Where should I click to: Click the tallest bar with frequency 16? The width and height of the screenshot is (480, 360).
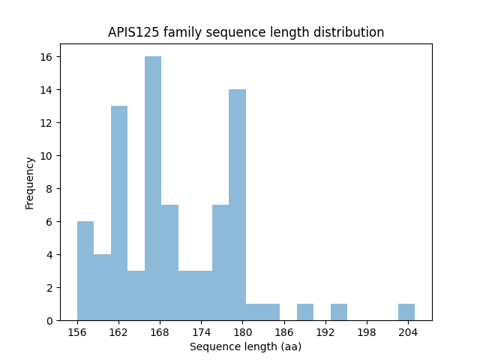pos(153,188)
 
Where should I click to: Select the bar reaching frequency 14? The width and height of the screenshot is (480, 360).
pos(237,205)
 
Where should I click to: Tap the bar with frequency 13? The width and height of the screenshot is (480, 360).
pos(119,213)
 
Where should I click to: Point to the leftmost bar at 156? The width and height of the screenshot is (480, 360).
pos(85,271)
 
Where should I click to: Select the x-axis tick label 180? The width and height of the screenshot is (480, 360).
pos(242,331)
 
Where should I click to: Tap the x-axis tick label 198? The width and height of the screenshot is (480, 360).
pos(366,331)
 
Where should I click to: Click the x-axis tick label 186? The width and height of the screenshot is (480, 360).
pos(283,331)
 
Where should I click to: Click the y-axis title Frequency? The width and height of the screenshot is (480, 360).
pos(30,182)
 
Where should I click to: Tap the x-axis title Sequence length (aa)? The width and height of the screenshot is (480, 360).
pos(245,346)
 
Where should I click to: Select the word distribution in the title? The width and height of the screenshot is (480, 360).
pos(351,33)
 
